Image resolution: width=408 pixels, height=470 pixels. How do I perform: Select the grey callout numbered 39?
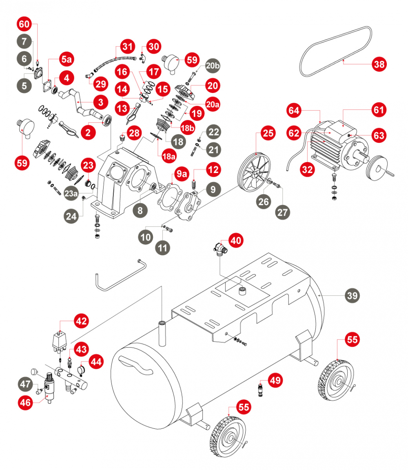(x=353, y=295)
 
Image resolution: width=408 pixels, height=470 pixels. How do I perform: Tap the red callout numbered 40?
(x=235, y=239)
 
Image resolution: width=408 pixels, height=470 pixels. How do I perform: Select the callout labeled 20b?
(x=212, y=65)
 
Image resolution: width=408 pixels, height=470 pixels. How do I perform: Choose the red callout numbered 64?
(x=294, y=111)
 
